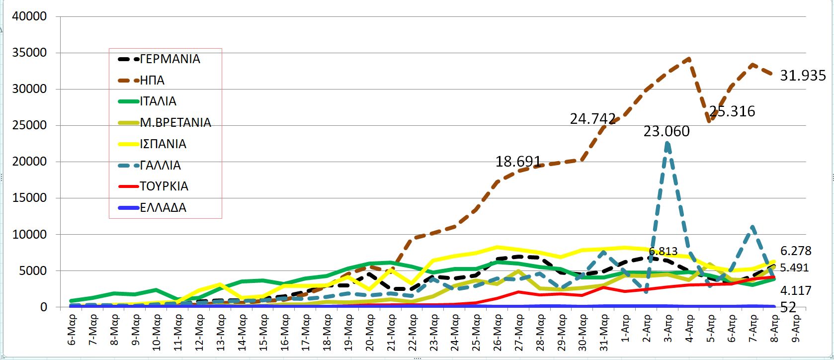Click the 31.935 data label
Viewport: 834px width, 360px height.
(803, 76)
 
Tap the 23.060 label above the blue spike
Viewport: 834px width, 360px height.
(667, 131)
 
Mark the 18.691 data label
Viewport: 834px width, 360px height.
(518, 162)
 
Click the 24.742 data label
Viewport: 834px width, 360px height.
(592, 119)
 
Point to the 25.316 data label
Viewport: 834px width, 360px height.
(732, 111)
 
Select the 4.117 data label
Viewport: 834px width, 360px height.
(796, 290)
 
